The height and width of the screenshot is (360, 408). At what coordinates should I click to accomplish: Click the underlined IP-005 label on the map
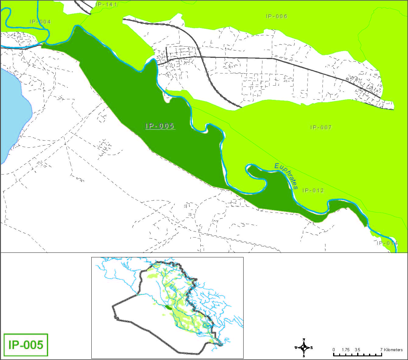point(159,126)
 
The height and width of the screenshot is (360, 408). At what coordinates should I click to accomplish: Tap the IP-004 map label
point(40,22)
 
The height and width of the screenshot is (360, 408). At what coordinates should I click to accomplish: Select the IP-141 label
point(106,4)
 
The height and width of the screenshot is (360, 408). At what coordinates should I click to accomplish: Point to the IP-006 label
point(276,16)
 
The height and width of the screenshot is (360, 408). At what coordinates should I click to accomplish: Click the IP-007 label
point(321,128)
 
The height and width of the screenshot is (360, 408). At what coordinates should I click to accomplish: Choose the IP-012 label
point(313,191)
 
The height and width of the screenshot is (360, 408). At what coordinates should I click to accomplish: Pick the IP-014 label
point(387,243)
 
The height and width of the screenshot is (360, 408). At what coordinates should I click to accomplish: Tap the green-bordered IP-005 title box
point(26,345)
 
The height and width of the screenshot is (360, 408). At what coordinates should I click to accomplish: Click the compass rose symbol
point(304,348)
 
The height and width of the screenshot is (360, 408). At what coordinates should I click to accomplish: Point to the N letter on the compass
point(304,340)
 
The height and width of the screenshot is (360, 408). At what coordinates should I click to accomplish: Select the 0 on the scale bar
point(334,350)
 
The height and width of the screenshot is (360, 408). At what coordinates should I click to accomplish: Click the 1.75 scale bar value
point(346,350)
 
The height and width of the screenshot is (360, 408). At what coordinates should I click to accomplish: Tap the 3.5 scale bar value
point(357,350)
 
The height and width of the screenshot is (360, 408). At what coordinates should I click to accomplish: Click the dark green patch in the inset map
point(168,307)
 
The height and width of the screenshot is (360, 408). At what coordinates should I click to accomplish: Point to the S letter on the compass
point(304,356)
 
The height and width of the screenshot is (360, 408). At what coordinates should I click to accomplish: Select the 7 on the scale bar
point(381,350)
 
